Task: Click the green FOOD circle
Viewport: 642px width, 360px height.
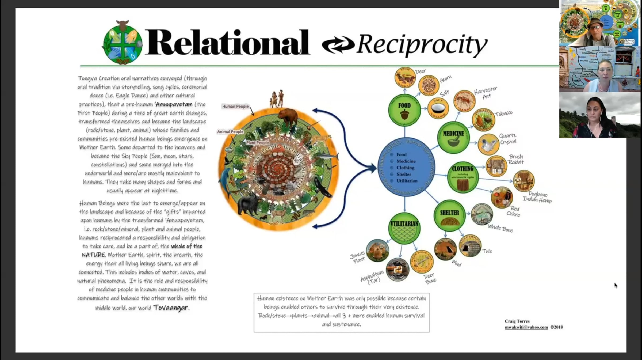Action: [404, 110]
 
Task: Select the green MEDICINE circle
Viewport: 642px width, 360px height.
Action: [453, 138]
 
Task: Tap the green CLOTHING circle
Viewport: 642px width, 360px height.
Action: [463, 177]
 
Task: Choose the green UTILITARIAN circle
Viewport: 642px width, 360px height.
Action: [404, 228]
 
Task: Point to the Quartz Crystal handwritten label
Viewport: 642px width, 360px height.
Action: [508, 139]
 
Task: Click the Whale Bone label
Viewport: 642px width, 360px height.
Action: [500, 228]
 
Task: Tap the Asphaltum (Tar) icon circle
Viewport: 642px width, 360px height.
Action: [397, 270]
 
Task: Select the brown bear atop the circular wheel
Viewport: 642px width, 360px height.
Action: [288, 117]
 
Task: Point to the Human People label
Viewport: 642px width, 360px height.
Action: [235, 107]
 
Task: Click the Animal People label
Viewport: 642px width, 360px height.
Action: [230, 132]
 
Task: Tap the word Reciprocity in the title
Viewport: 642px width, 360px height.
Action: [422, 44]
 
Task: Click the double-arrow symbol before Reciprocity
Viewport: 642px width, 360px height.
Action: [338, 44]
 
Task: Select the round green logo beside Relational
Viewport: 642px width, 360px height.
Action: [123, 43]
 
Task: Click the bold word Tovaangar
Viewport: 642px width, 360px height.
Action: [171, 308]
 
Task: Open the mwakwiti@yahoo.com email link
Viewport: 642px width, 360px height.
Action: [526, 327]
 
